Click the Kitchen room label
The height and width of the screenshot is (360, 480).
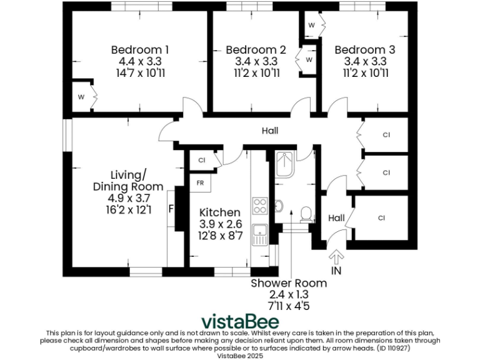[x=219, y=212]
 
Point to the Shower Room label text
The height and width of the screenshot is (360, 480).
[x=289, y=283]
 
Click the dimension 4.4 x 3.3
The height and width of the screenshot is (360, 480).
[x=140, y=61]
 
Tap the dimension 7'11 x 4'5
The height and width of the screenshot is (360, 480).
[x=289, y=306]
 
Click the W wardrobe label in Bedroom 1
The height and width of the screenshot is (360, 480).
[x=81, y=97]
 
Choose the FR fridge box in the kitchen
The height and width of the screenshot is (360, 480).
[x=201, y=183]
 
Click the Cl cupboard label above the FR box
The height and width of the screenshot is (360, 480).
[x=202, y=160]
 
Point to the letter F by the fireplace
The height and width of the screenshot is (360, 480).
[x=171, y=209]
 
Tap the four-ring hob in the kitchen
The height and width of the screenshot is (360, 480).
[x=259, y=206]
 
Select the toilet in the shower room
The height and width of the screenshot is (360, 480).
[x=306, y=214]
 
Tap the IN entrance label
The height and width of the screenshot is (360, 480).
[x=336, y=271]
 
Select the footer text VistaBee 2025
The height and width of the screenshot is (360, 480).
[x=239, y=355]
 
